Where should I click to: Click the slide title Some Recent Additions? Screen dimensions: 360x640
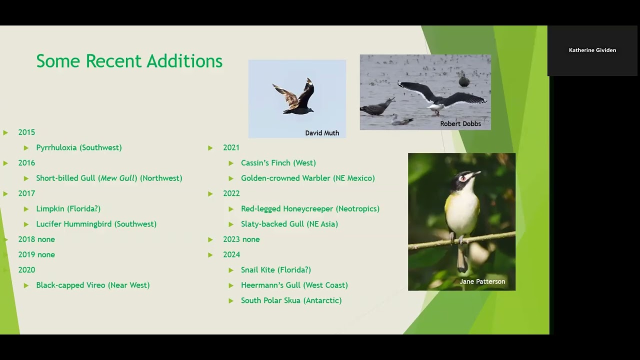(129, 61)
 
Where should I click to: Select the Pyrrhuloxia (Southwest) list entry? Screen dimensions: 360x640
(79, 147)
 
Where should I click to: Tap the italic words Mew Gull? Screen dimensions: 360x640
(117, 178)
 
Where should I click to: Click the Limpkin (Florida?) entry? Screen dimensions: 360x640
(68, 208)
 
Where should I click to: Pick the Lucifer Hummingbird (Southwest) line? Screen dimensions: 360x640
(96, 224)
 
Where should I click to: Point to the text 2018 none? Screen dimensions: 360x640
(36, 239)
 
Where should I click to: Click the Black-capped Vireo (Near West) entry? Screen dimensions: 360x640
(92, 285)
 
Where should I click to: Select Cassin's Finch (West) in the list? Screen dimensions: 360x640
(278, 162)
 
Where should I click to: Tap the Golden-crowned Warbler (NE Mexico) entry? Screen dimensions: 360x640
(307, 178)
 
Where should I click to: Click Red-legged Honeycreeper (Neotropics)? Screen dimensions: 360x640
(310, 208)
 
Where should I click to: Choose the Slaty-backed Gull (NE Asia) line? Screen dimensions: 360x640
(289, 224)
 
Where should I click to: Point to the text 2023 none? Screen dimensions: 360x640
(241, 239)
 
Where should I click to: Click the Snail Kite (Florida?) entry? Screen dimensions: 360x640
(275, 269)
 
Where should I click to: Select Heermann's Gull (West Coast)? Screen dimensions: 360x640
(294, 285)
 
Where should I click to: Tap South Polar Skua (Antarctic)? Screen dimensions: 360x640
(291, 300)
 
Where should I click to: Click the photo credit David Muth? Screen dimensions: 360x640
(322, 133)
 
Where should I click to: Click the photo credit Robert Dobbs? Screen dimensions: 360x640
(460, 123)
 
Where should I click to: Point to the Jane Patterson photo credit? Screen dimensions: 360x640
(482, 281)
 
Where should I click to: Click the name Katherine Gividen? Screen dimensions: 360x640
(592, 50)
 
